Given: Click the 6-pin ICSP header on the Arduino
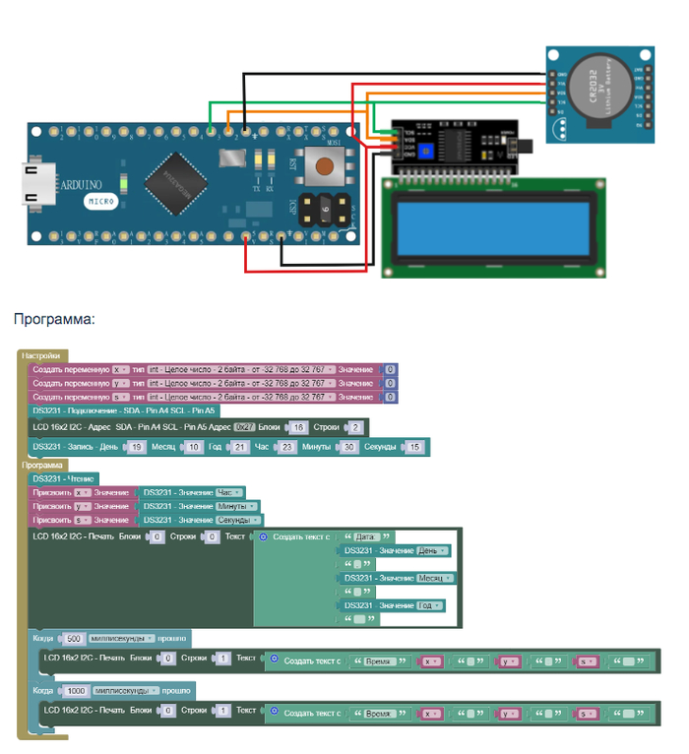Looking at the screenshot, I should coord(325,209).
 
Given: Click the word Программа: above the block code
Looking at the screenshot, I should coord(54,319).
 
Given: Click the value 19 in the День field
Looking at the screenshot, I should coord(137,447).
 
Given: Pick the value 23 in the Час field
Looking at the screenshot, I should coord(286,447).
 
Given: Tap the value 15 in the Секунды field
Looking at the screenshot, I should coord(414,447).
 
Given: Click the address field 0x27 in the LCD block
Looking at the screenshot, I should coord(244,427).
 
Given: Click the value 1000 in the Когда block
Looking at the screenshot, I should coord(76,691).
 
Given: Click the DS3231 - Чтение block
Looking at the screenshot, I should coord(64,478).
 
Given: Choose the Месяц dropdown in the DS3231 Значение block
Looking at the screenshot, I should coord(429,578).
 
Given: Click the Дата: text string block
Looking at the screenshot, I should coord(365,536).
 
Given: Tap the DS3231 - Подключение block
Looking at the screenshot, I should coord(123,410).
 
